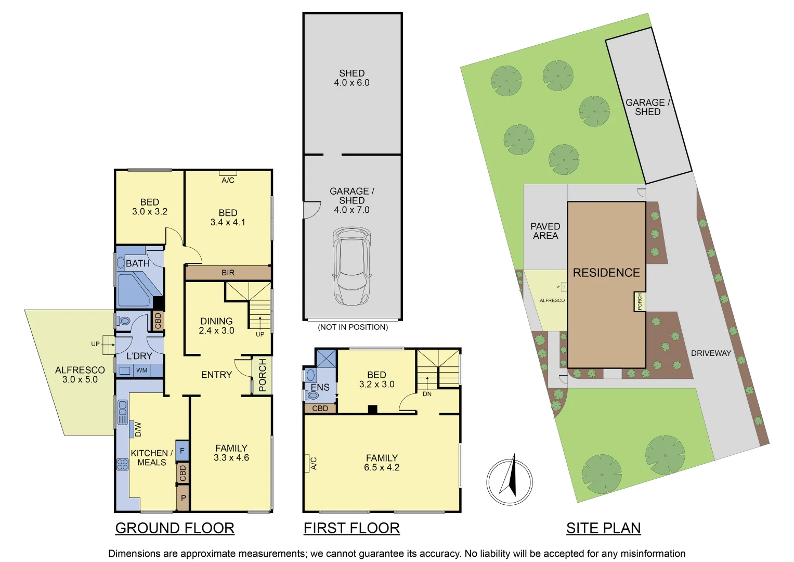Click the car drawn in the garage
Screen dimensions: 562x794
(x=352, y=266)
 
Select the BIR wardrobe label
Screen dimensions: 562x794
(x=228, y=273)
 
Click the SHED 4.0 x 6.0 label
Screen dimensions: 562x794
(x=352, y=78)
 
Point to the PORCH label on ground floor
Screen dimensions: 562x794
(x=262, y=375)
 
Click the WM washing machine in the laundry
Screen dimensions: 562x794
(x=142, y=371)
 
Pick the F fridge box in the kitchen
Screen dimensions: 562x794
(x=182, y=451)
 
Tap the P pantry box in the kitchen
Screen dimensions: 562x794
(x=183, y=498)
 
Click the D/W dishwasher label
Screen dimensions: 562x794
(x=138, y=429)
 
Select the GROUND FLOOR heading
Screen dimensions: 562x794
(x=175, y=528)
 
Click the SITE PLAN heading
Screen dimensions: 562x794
(x=603, y=528)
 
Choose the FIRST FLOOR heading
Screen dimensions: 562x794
(x=352, y=528)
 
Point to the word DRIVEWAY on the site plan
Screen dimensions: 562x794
(x=711, y=353)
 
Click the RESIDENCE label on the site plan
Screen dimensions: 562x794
(x=606, y=273)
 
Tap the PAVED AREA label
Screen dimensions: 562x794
(x=545, y=231)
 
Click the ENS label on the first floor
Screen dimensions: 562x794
(x=320, y=387)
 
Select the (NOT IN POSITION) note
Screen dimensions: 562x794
(x=353, y=327)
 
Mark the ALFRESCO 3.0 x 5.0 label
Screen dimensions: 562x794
(x=80, y=375)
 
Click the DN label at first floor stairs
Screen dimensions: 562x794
(x=427, y=394)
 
